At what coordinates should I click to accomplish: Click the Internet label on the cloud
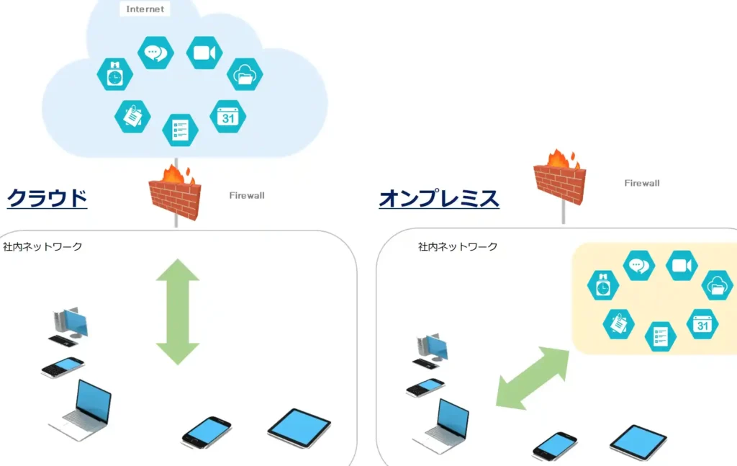tap(145, 9)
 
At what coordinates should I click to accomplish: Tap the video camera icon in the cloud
tap(204, 53)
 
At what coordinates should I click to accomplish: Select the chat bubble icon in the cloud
tap(155, 53)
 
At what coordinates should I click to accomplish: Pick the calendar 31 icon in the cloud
tap(227, 117)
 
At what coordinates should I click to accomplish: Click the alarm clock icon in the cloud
tap(114, 75)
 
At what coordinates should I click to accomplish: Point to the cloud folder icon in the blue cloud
tap(245, 75)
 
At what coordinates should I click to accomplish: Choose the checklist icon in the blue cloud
tap(180, 130)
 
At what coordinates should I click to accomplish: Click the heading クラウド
tap(47, 197)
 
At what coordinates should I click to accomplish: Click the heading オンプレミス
tap(439, 198)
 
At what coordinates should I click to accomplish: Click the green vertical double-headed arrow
tap(177, 311)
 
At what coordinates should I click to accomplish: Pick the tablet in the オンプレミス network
tap(638, 442)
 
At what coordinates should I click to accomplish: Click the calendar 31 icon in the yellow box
tap(702, 324)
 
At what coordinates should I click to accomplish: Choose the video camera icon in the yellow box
tap(681, 266)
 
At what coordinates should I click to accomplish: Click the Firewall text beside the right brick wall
tap(641, 183)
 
